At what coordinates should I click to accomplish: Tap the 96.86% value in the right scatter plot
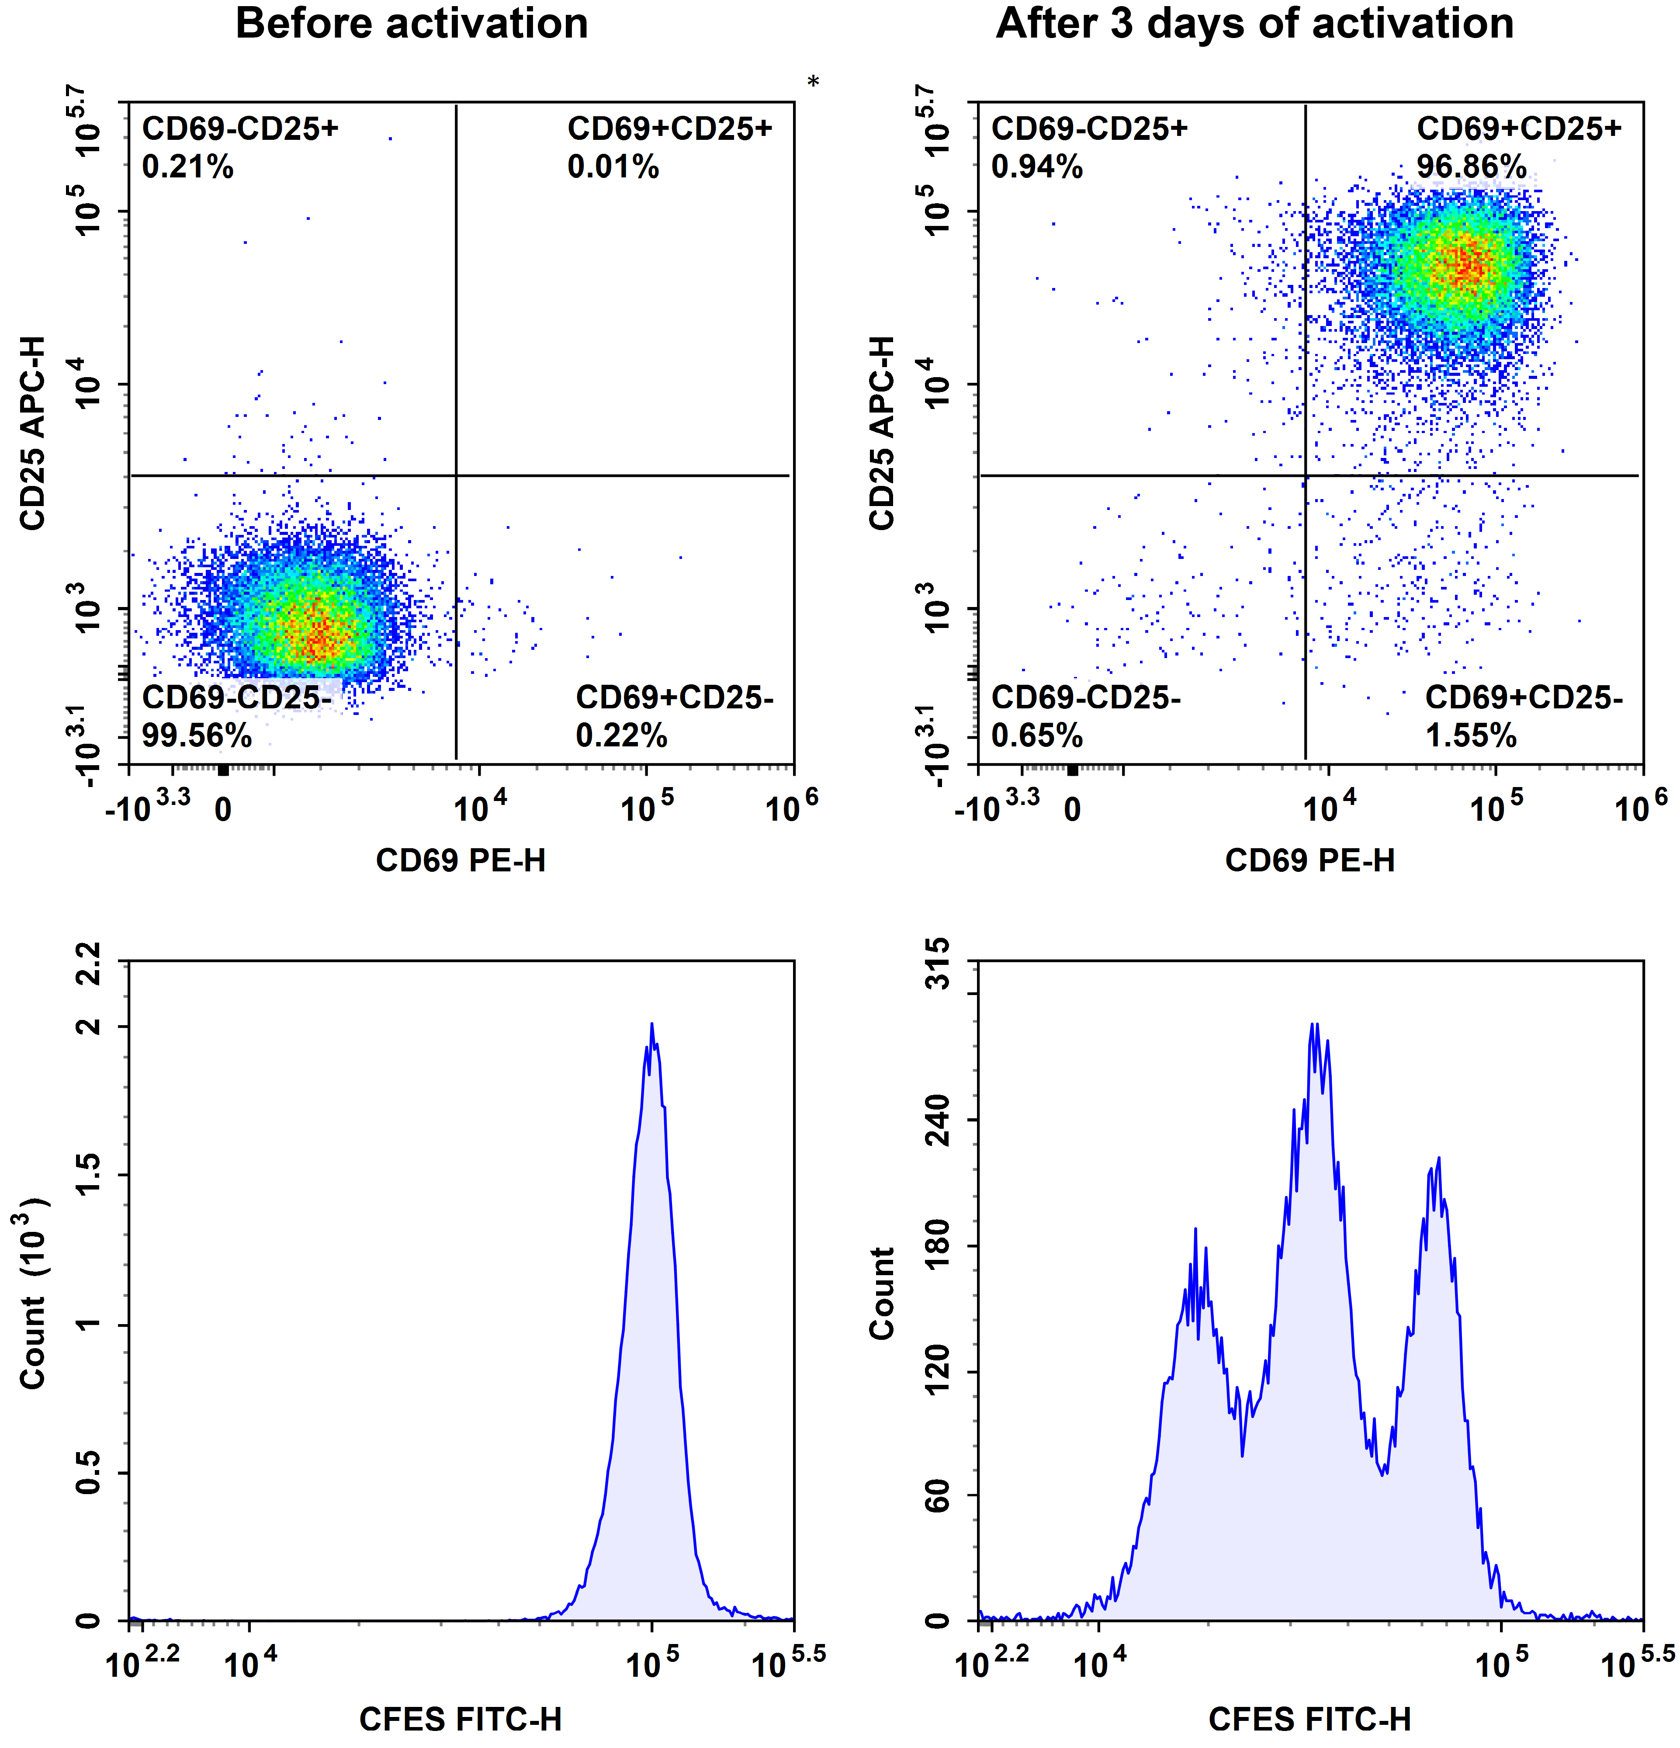pyautogui.click(x=1471, y=167)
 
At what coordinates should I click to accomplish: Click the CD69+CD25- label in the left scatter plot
pyautogui.click(x=674, y=697)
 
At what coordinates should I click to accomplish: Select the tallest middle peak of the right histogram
pyautogui.click(x=1313, y=1026)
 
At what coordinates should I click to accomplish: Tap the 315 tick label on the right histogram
pyautogui.click(x=938, y=963)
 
